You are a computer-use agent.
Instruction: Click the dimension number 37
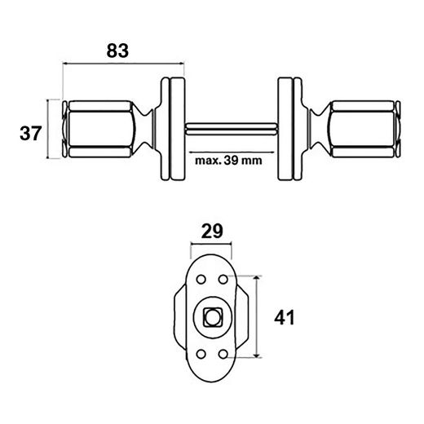coord(30,133)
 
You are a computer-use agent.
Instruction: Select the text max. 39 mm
coord(228,160)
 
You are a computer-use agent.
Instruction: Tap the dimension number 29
coord(211,231)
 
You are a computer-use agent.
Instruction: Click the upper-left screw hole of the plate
coord(201,279)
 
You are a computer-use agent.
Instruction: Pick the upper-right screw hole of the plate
coord(223,279)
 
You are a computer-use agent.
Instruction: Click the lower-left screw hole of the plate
coord(201,354)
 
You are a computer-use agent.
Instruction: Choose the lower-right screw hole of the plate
coord(223,354)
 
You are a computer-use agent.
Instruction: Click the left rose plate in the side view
coord(173,129)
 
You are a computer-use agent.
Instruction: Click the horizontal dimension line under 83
coord(122,64)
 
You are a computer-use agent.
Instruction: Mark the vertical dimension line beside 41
coord(258,316)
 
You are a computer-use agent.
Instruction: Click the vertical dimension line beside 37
coord(51,129)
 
